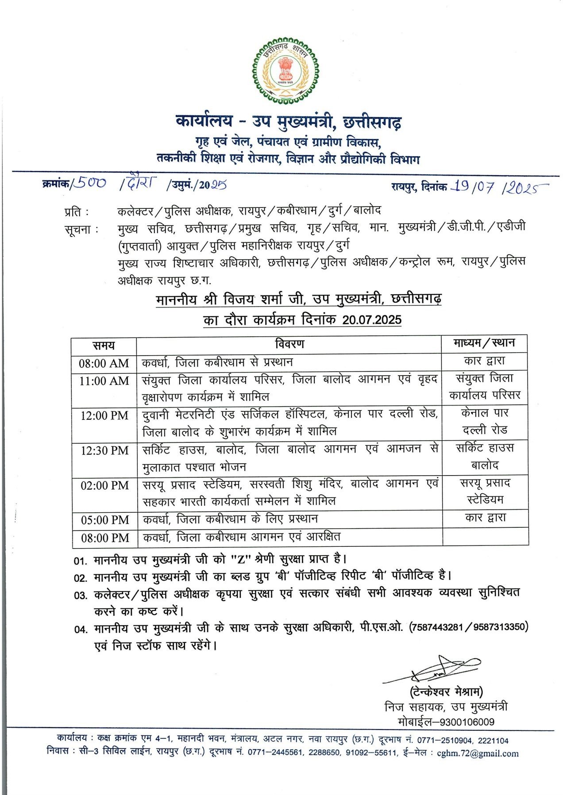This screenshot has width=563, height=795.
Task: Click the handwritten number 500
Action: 90,183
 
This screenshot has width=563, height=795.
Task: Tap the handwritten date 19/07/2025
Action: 498,187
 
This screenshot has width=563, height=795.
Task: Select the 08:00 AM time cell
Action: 104,363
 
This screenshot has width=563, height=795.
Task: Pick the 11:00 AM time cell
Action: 104,381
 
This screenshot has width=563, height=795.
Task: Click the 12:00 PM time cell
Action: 104,415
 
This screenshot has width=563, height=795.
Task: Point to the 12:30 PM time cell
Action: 104,450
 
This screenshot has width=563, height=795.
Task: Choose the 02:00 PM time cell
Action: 104,485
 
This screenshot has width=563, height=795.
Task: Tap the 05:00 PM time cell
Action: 104,520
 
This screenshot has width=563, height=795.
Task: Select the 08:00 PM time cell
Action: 104,538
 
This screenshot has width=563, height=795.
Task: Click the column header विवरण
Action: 289,344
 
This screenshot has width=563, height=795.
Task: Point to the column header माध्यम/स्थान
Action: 484,343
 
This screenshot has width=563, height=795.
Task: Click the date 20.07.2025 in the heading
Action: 371,319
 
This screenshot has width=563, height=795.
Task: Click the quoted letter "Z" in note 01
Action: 241,559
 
